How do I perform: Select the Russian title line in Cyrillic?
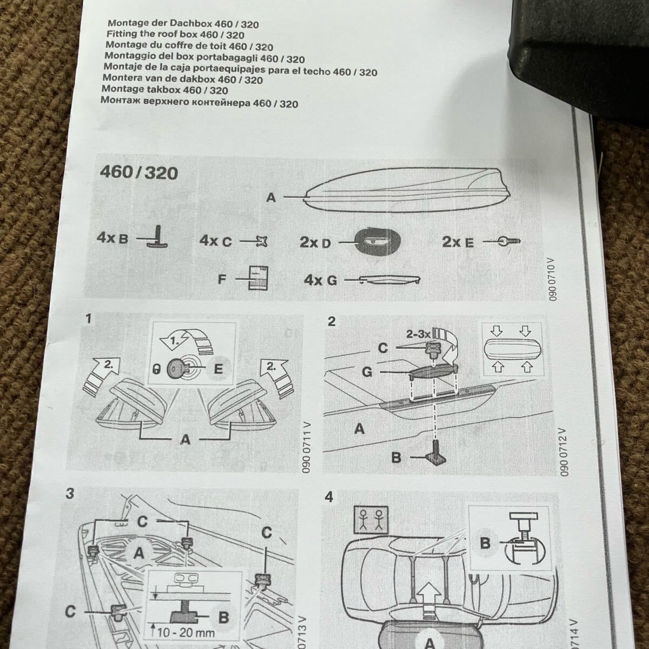tap(199, 103)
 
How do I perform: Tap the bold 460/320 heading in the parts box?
tap(138, 173)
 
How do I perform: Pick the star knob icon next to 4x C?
tap(260, 241)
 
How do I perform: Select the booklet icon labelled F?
tap(259, 279)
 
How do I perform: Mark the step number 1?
tap(89, 319)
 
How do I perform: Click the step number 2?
tap(332, 322)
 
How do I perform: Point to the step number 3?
tap(69, 494)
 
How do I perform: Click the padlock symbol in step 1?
tap(156, 370)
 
